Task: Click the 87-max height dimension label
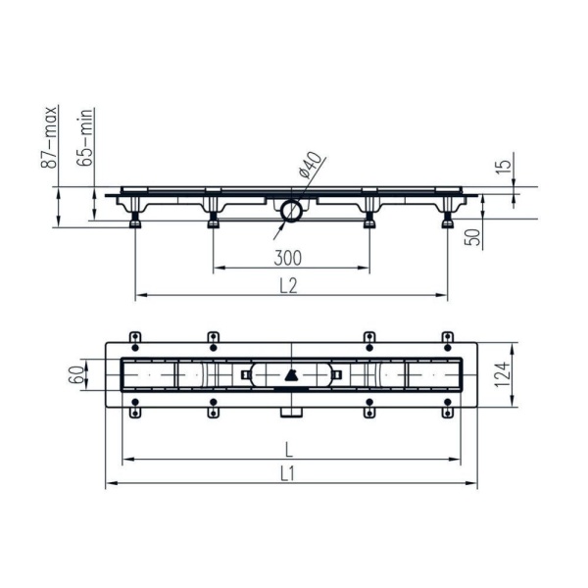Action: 49,137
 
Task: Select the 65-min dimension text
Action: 84,137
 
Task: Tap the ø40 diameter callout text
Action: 311,165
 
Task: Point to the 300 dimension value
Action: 287,258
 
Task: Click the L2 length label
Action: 289,286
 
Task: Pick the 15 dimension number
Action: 504,167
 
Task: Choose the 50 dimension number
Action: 473,237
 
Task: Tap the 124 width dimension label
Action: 503,374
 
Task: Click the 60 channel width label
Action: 76,374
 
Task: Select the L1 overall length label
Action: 287,474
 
